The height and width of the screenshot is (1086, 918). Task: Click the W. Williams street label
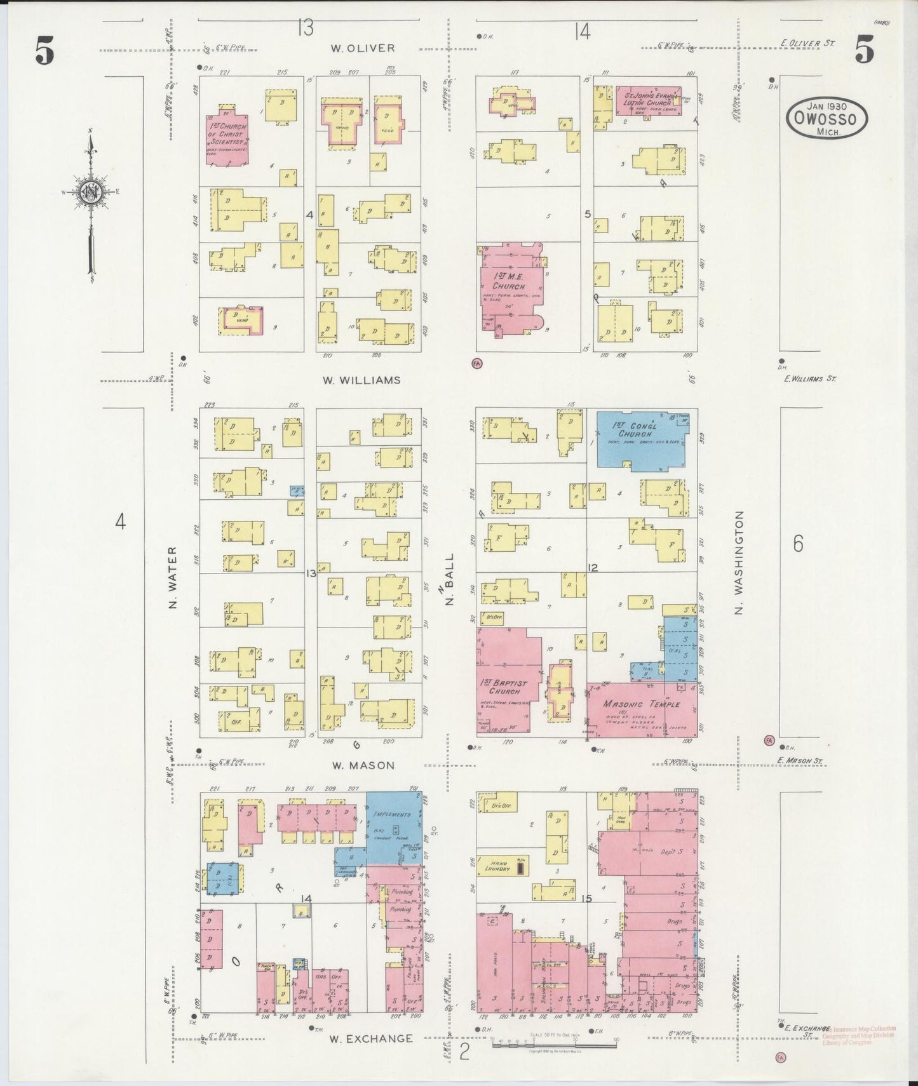point(361,380)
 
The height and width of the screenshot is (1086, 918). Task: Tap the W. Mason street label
point(363,766)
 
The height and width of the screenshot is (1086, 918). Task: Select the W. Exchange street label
point(371,1039)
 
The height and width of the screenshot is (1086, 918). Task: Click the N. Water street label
point(172,577)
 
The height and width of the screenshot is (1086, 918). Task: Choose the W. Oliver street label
point(362,48)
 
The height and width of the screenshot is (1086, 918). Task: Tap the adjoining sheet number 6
point(798,544)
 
